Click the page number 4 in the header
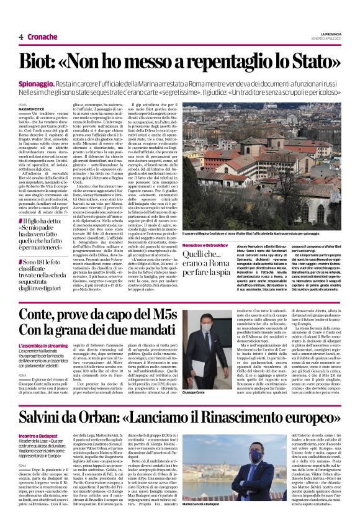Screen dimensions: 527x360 click(x=21, y=37)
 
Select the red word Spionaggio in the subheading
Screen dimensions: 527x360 click(x=41, y=83)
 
